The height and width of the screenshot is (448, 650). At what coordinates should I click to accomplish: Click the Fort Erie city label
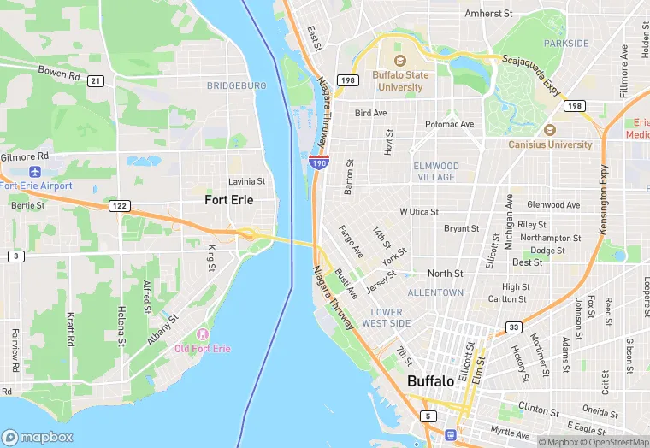(229, 200)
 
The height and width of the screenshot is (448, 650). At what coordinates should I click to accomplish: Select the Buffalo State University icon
(398, 61)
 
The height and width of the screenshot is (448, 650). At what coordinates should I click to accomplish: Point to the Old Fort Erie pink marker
(203, 333)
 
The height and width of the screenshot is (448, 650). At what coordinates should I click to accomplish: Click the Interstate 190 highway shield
(316, 161)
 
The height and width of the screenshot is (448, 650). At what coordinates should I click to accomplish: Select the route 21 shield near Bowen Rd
(96, 81)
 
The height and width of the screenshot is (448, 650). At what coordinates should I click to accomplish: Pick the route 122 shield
(119, 206)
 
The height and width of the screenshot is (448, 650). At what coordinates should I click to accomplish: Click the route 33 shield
(512, 327)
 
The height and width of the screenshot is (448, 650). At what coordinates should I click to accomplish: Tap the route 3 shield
(15, 256)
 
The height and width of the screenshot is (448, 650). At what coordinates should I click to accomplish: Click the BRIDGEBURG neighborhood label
(236, 85)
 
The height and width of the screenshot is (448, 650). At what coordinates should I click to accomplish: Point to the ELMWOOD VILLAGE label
(436, 171)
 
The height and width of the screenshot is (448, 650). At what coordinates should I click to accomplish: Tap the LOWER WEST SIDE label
(386, 318)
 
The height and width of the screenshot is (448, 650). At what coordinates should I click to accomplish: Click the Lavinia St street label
(246, 181)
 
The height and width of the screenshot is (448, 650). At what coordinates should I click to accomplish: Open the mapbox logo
(38, 436)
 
